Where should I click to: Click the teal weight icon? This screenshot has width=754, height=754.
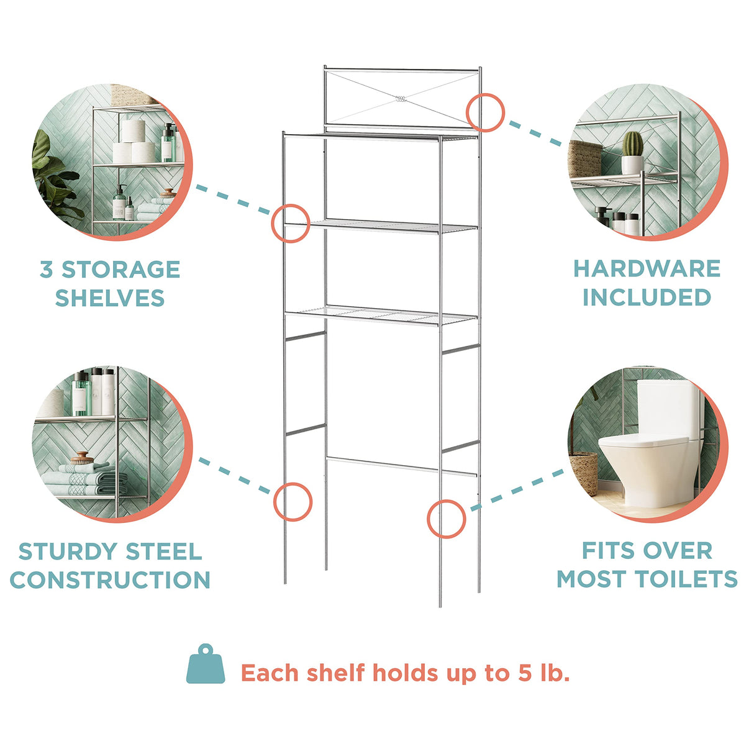(206, 669)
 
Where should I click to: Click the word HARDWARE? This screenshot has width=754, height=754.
(647, 269)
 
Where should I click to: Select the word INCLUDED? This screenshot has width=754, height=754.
(647, 298)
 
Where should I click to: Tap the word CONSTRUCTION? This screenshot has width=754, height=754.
(110, 580)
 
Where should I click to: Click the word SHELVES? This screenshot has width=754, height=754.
(110, 298)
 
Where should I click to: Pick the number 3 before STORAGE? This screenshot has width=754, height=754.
(46, 270)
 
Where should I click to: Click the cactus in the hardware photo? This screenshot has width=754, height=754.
(632, 143)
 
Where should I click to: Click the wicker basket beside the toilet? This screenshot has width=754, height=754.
(584, 473)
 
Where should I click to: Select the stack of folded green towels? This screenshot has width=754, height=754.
(84, 479)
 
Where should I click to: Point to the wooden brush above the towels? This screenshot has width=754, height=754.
(82, 458)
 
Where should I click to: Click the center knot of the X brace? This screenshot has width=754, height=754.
(401, 99)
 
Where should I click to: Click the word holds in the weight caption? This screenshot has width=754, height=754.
(407, 673)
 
